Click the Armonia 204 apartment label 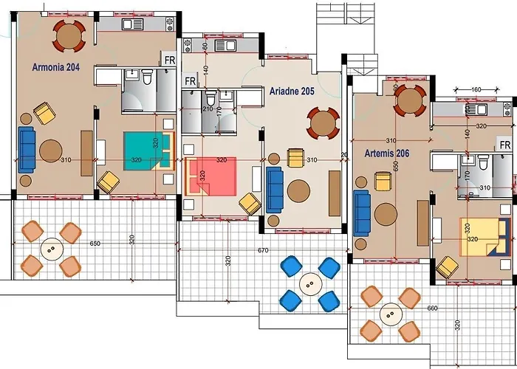[x=56, y=66]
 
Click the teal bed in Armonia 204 [x=143, y=149]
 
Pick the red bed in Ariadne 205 [x=211, y=177]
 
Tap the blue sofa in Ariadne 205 [x=275, y=187]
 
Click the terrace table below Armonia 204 [x=50, y=249]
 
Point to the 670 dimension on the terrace [x=263, y=250]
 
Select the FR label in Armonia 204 [x=169, y=59]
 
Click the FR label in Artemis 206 [x=505, y=145]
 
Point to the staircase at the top [x=330, y=33]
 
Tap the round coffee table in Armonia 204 [x=51, y=151]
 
